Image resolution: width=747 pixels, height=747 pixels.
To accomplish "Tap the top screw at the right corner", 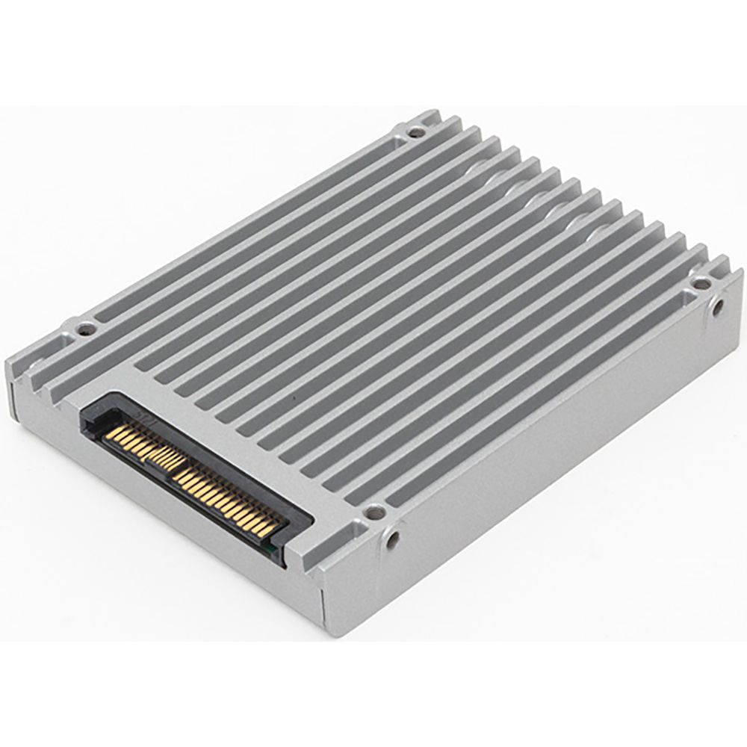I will coord(701,283).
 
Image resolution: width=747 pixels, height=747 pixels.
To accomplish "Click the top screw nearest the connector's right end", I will coord(373,512).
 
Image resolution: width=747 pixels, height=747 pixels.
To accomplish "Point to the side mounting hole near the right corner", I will coord(718,307).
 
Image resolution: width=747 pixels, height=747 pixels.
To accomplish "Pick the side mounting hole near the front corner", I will coord(392,537).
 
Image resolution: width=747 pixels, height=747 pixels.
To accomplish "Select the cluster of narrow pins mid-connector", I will coord(161,452).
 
